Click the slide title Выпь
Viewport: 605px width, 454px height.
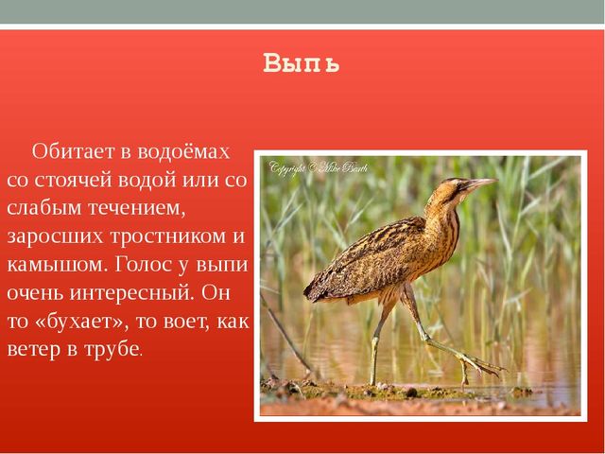tap(301, 63)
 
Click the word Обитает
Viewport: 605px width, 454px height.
tap(74, 151)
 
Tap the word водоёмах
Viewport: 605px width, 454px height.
tap(183, 151)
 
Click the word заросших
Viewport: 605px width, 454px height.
tap(55, 236)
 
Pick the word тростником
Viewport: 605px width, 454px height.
tap(168, 236)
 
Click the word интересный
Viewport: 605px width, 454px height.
tap(131, 293)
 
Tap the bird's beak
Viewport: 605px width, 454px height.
tap(481, 183)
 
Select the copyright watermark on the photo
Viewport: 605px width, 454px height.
tap(319, 168)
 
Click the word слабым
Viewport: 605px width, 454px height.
tap(44, 208)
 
